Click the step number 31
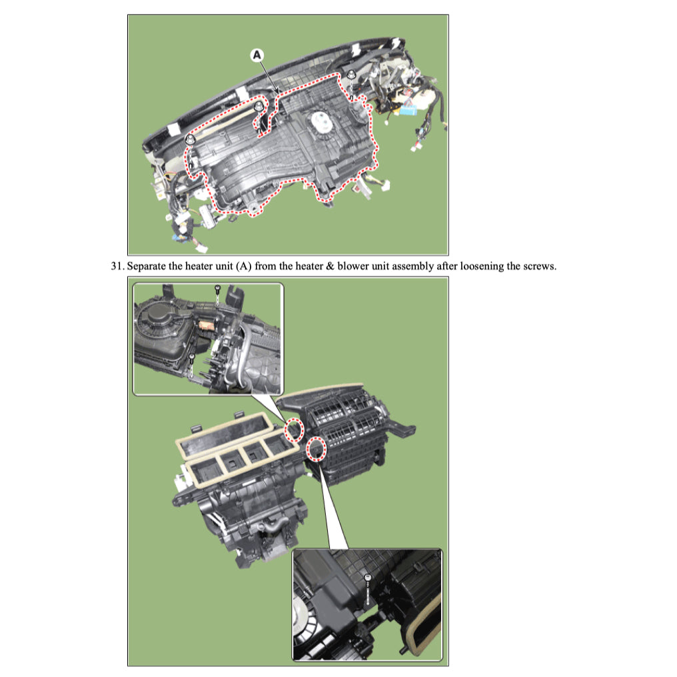pos(117,267)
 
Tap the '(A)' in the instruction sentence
pos(245,267)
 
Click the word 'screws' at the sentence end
pos(538,267)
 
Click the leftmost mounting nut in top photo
pos(191,139)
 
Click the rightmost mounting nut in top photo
pos(350,76)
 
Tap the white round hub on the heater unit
pos(319,123)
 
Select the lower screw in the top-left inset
pos(192,358)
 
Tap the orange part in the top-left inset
pos(205,327)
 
